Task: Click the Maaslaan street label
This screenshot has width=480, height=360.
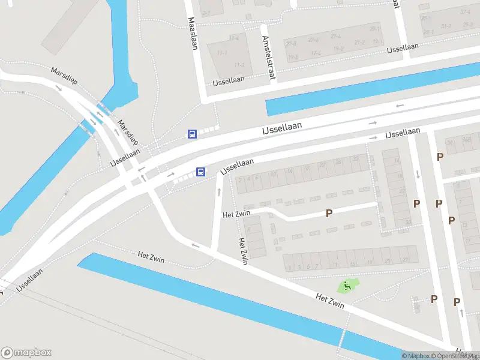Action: pyautogui.click(x=193, y=29)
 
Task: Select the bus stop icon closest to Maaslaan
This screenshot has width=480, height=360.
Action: pyautogui.click(x=192, y=134)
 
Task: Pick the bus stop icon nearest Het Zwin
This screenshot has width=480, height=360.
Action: pyautogui.click(x=201, y=172)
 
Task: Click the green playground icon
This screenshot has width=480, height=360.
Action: pyautogui.click(x=346, y=287)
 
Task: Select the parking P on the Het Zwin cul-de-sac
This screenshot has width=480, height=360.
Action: pyautogui.click(x=329, y=213)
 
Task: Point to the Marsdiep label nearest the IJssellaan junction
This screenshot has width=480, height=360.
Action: pyautogui.click(x=128, y=133)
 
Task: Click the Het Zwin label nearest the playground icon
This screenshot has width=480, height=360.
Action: pyautogui.click(x=330, y=301)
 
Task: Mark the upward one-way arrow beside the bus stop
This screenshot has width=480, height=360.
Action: pyautogui.click(x=218, y=192)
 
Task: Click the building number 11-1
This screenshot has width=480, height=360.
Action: pyautogui.click(x=222, y=53)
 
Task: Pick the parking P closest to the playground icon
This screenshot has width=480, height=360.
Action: pyautogui.click(x=434, y=299)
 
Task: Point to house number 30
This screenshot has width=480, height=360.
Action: pyautogui.click(x=408, y=222)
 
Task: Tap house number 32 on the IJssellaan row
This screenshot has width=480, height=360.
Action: pyautogui.click(x=356, y=159)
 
